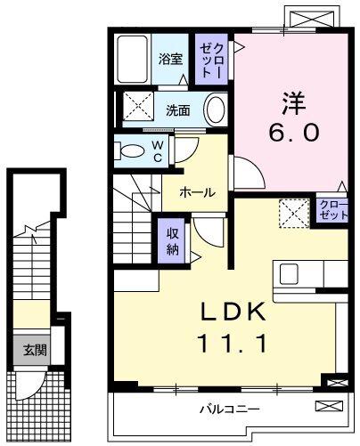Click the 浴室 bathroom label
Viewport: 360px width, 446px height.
tap(170, 59)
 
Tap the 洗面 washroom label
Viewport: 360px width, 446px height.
tap(178, 110)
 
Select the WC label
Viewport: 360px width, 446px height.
tap(157, 149)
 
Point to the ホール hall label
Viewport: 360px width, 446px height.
tap(197, 191)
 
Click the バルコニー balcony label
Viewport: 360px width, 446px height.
tap(228, 410)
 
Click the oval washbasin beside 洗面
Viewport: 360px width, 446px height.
tap(215, 110)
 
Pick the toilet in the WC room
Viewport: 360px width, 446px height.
tap(131, 149)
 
